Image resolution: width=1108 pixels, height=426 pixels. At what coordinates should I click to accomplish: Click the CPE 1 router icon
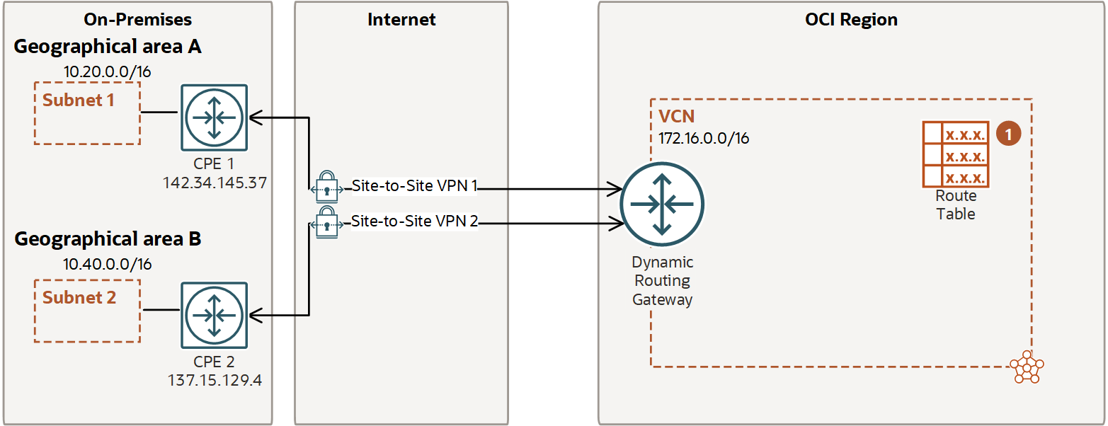[x=214, y=117]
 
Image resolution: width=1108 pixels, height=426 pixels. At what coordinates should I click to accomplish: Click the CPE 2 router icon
[x=214, y=316]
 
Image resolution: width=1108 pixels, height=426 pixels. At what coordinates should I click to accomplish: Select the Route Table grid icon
[x=955, y=154]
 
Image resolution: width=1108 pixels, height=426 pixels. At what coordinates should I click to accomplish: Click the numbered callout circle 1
[x=1008, y=133]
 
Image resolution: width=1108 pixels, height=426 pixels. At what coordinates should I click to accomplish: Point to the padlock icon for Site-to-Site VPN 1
[x=326, y=185]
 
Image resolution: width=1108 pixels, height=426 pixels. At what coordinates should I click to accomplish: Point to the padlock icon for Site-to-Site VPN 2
[x=326, y=222]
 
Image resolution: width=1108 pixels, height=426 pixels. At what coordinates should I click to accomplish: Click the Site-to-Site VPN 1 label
[x=415, y=186]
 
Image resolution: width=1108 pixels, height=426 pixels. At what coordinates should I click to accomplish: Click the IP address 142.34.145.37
[x=215, y=183]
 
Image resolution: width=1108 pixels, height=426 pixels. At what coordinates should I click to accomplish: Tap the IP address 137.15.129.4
[x=215, y=380]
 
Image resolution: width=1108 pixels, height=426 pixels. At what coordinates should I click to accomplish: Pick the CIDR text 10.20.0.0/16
[x=108, y=71]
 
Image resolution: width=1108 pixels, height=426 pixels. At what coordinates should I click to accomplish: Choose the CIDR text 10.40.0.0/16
[x=108, y=264]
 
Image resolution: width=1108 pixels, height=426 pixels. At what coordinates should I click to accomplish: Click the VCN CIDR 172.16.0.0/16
[x=704, y=138]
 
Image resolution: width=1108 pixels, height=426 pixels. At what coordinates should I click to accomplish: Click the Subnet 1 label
[x=78, y=100]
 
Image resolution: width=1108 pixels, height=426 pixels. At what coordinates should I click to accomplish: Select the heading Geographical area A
[x=108, y=47]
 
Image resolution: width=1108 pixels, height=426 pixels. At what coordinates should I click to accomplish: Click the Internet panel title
[x=401, y=19]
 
